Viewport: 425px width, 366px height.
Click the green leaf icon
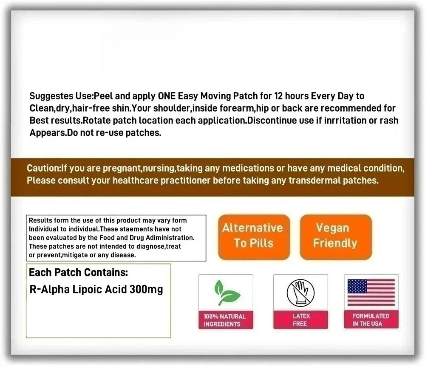225,293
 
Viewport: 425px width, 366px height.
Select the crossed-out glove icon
300,293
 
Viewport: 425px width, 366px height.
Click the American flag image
371,293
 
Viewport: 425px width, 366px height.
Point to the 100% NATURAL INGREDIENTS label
225,320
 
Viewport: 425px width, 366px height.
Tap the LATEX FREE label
301,320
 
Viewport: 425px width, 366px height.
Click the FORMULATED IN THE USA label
371,320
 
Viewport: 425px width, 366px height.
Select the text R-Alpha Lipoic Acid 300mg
96,290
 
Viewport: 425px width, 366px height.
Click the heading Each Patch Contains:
79,272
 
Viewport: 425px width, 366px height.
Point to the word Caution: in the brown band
44,168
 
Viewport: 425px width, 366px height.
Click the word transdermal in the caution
314,180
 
